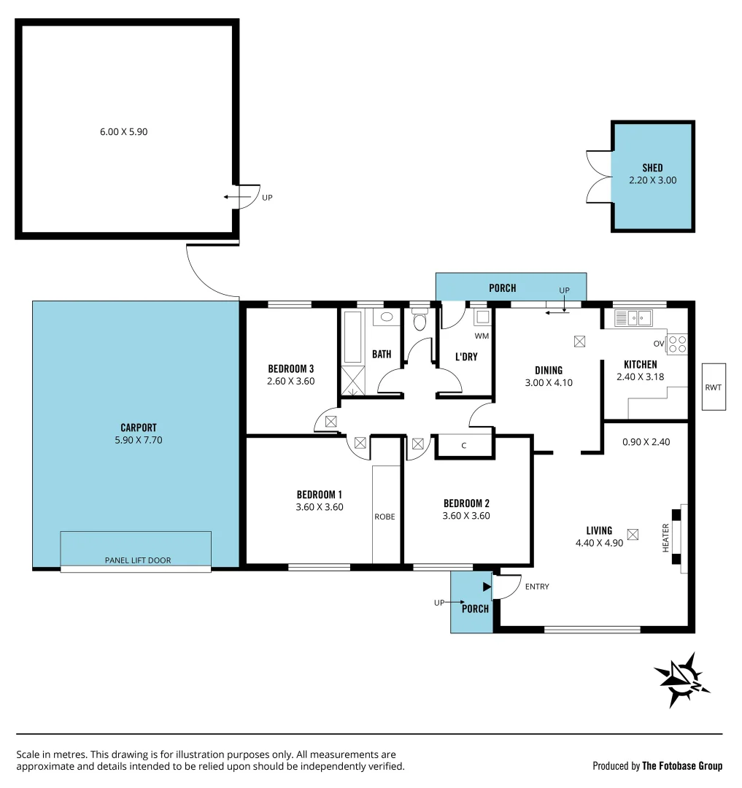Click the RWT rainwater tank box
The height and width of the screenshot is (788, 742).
point(713,387)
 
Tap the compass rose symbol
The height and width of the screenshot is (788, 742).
point(682,680)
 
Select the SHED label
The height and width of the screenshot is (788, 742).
point(653,168)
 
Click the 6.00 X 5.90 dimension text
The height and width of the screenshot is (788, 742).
point(124,132)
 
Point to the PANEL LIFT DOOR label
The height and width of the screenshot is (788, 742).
point(136,560)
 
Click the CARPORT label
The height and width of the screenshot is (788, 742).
point(139,428)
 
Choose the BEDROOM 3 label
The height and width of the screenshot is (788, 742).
point(290,368)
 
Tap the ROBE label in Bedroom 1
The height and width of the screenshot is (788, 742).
point(384,517)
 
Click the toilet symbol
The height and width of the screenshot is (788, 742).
point(419,322)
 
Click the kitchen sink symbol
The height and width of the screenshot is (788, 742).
point(633,317)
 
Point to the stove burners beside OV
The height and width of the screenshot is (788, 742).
point(677,343)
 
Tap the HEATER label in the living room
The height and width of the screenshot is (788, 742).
point(665,538)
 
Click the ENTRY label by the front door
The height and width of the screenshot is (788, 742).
point(536,587)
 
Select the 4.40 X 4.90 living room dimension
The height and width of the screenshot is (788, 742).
point(599,543)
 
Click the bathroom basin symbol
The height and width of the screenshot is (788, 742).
point(387,317)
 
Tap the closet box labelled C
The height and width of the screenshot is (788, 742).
point(464,446)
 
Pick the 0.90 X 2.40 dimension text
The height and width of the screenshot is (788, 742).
point(646,441)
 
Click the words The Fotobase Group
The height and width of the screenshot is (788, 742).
point(682,766)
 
